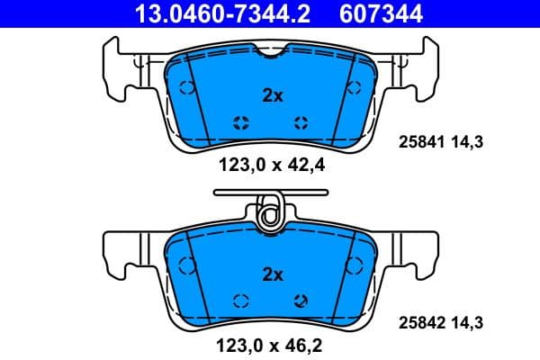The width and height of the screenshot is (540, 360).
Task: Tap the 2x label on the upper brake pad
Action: [x=272, y=95]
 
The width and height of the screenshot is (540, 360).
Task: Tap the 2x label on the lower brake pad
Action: [x=272, y=274]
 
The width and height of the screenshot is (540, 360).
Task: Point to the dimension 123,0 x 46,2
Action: [x=271, y=343]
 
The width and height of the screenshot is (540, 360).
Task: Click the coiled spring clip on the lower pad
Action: [x=269, y=212]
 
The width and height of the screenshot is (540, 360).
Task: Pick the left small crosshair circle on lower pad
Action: [x=240, y=301]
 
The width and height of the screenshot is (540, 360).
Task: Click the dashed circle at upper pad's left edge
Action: [x=186, y=88]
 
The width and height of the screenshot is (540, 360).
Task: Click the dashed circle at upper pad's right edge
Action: [x=355, y=88]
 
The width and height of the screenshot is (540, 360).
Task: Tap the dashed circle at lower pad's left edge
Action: [x=186, y=265]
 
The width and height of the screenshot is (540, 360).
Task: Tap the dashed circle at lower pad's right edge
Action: [x=355, y=265]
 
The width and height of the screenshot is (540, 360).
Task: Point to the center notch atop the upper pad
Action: [x=271, y=54]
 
